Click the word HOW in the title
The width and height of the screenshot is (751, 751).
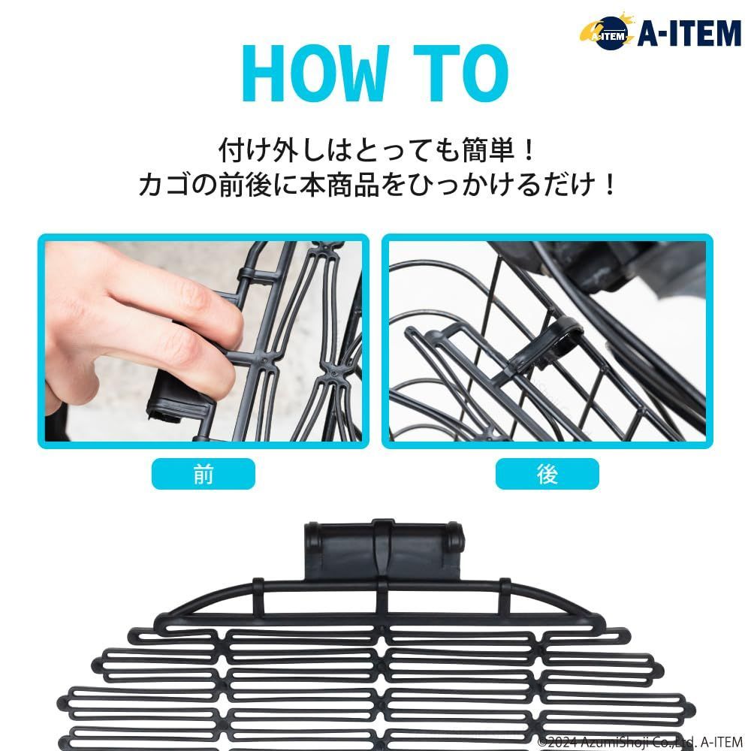(x=314, y=73)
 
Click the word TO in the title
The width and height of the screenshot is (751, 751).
(x=460, y=73)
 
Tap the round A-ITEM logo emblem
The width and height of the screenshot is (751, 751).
(x=608, y=32)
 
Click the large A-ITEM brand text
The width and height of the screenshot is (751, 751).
(x=689, y=33)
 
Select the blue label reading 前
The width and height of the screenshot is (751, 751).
(x=203, y=474)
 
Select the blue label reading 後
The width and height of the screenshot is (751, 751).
(x=547, y=474)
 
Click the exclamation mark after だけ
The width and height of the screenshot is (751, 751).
(x=610, y=185)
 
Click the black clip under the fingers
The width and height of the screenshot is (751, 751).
(x=179, y=395)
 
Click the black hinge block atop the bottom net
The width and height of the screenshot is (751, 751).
(x=384, y=550)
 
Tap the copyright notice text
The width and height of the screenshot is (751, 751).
(x=640, y=742)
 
